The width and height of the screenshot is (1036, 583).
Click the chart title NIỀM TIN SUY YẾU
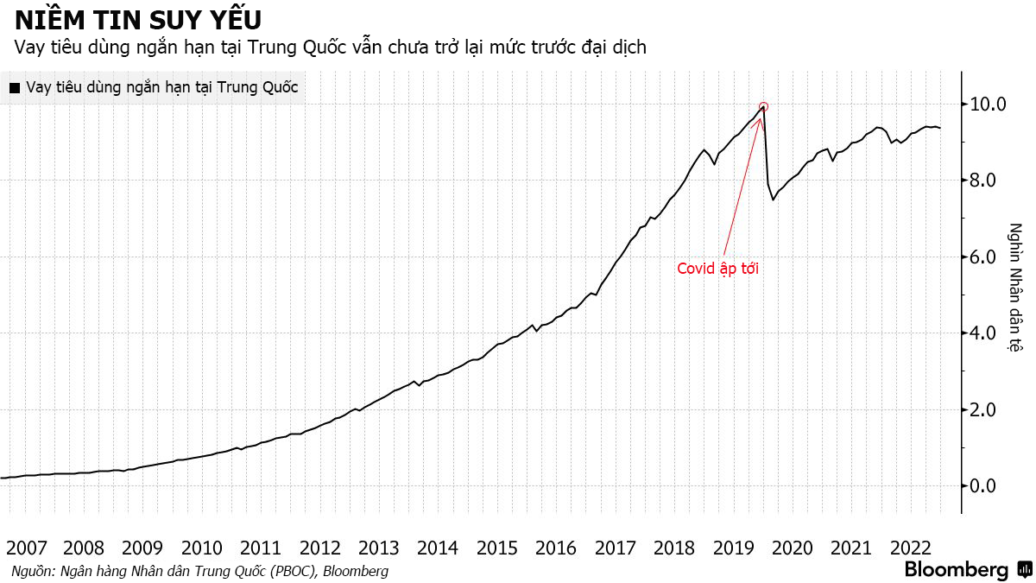pyautogui.click(x=138, y=19)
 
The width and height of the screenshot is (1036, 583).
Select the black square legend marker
pyautogui.click(x=14, y=87)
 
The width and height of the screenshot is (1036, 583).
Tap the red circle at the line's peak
pyautogui.click(x=763, y=107)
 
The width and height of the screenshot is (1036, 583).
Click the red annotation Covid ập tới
pyautogui.click(x=717, y=269)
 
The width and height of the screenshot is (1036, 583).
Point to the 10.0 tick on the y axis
pyautogui.click(x=989, y=105)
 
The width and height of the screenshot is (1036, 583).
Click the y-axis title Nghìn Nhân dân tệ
pyautogui.click(x=1016, y=288)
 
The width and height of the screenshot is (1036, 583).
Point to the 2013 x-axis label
pyautogui.click(x=378, y=548)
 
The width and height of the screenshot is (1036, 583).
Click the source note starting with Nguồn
pyautogui.click(x=199, y=571)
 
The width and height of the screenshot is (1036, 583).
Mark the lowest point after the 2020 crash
pyautogui.click(x=774, y=200)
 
